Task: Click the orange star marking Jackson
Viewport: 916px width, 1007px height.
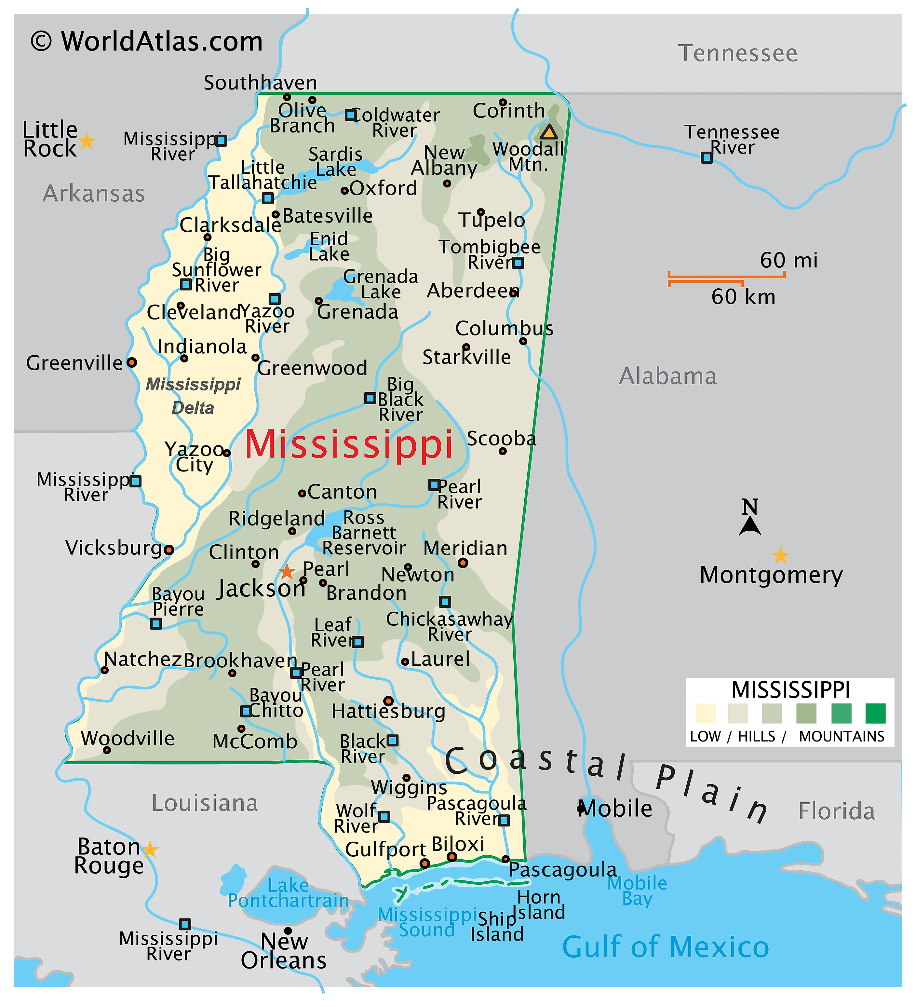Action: pyautogui.click(x=287, y=571)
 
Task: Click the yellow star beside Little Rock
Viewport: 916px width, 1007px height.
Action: pyautogui.click(x=87, y=141)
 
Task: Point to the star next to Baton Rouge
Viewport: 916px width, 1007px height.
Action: pyautogui.click(x=150, y=849)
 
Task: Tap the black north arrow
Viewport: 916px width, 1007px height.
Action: pyautogui.click(x=750, y=525)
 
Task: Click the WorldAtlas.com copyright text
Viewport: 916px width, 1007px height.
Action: pyautogui.click(x=147, y=41)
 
